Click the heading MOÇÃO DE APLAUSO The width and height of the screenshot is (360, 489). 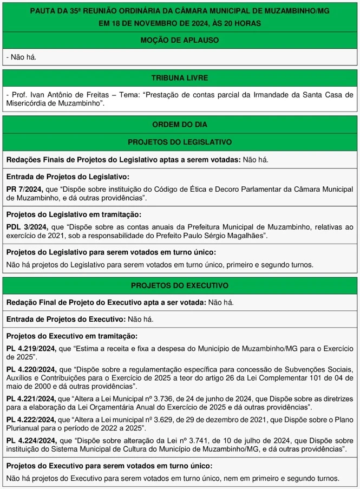coord(180,40)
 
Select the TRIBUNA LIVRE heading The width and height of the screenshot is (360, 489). coord(180,78)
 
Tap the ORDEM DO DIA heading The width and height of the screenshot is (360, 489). coord(180,124)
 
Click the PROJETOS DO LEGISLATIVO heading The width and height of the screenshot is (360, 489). coord(180,142)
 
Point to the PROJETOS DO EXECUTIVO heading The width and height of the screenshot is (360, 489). coord(180,285)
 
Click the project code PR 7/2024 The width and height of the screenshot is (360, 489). coord(24,189)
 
